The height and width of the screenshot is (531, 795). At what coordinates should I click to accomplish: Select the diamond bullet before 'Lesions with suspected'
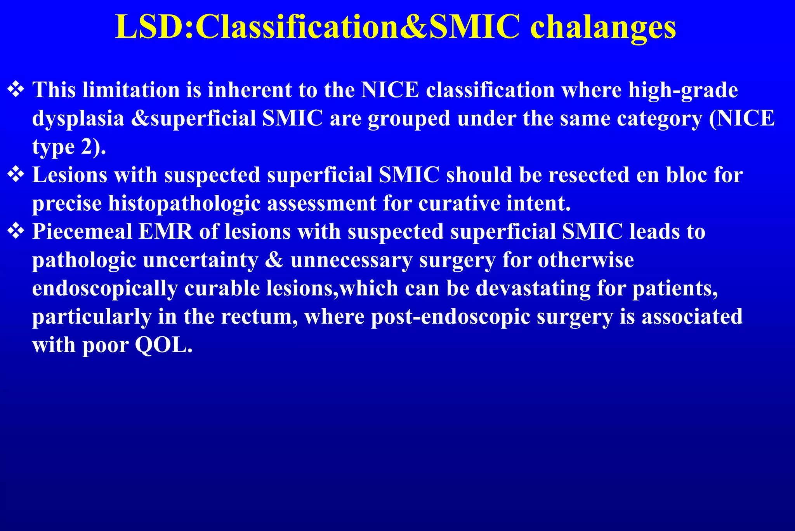click(x=16, y=174)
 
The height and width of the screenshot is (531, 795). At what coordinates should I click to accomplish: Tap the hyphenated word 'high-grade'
click(x=683, y=91)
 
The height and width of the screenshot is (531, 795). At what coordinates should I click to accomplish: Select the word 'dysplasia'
click(x=78, y=119)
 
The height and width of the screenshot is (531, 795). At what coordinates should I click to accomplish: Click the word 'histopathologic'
click(x=184, y=204)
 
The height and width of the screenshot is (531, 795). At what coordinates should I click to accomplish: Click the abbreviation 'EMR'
click(x=166, y=232)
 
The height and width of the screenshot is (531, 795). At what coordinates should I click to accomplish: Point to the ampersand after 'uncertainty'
click(x=274, y=260)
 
